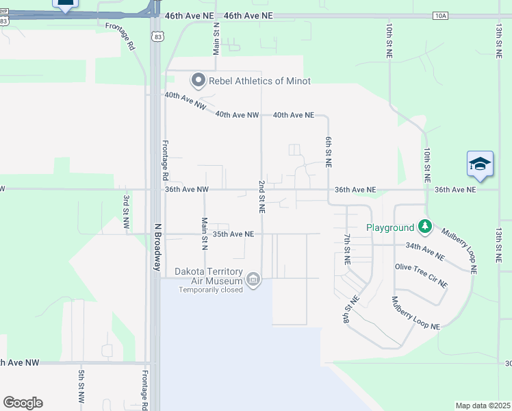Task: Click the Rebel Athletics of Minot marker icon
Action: [199, 81]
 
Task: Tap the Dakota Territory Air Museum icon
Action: [254, 279]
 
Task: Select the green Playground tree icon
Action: [425, 226]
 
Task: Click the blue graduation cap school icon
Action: [480, 164]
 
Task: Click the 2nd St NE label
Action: [261, 195]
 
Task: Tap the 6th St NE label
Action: [329, 151]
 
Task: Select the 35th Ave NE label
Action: [233, 234]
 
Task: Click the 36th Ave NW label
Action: [186, 190]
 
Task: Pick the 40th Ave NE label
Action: [293, 115]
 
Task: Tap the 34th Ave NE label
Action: [424, 251]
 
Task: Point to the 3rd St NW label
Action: [126, 214]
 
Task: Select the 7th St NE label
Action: [347, 249]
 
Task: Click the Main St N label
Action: [204, 233]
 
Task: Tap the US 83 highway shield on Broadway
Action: [159, 38]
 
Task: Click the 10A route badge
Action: [439, 15]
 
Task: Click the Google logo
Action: [23, 403]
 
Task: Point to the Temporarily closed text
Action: [212, 290]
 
